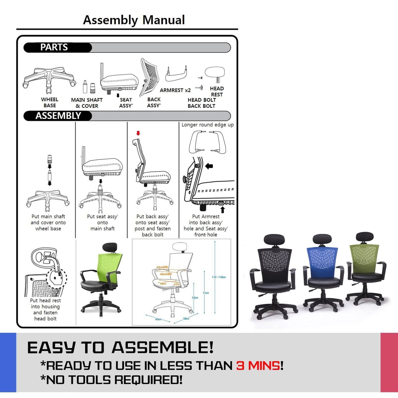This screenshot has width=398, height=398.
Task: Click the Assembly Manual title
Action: point(134,20)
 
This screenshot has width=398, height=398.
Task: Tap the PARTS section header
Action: point(54,47)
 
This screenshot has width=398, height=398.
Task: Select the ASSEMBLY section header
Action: point(58,116)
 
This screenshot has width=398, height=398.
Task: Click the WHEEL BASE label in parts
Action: point(50,102)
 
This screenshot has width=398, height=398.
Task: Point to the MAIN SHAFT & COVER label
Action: point(87,103)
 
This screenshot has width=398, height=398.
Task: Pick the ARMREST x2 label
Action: point(175,90)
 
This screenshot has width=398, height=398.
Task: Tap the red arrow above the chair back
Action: point(138,133)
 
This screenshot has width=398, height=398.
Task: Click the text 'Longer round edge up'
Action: point(207,125)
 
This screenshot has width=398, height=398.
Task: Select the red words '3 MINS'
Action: point(258,366)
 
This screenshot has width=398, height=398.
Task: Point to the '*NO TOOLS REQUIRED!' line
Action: point(112,380)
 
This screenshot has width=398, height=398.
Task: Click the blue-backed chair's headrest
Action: point(322,239)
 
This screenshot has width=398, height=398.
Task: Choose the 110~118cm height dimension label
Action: point(219,277)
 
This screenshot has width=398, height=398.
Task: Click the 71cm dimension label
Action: point(206,293)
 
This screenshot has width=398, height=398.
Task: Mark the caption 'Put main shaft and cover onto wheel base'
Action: point(48,223)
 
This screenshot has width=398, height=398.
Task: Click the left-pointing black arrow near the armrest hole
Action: point(209,166)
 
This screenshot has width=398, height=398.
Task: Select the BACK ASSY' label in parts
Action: point(154,102)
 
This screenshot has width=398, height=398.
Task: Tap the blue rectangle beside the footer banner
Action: point(8,362)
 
